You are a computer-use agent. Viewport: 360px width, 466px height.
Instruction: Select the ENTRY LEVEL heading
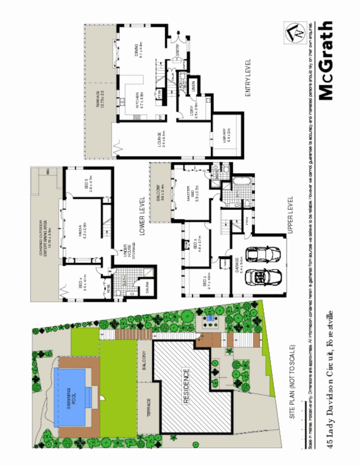point(248,78)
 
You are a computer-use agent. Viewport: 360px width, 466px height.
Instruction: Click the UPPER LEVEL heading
point(290,214)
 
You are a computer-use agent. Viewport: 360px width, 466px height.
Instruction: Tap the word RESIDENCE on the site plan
point(186,386)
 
